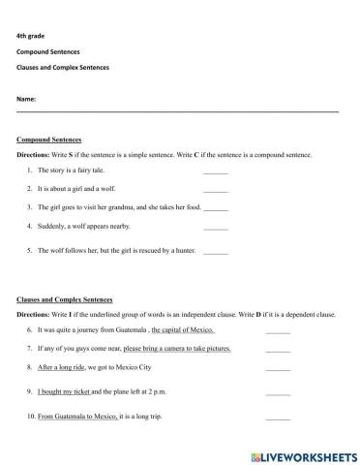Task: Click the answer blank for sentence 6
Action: click(x=277, y=330)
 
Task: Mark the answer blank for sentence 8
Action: click(x=277, y=369)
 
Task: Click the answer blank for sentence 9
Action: click(x=277, y=394)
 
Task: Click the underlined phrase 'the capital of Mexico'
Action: click(x=183, y=329)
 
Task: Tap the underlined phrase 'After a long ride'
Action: click(x=61, y=368)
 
